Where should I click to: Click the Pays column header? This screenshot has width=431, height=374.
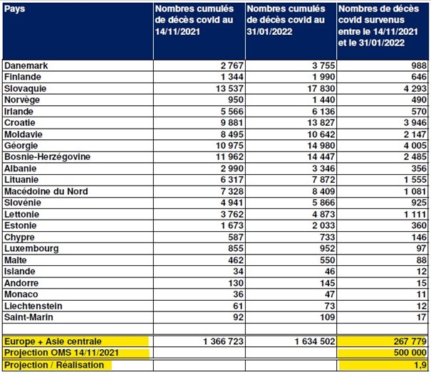tap(14, 9)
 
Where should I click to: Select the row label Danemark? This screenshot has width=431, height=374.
tap(26, 65)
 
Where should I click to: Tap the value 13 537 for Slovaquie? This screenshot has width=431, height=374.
tap(230, 89)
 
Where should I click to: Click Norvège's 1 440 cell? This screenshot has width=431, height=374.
tap(323, 100)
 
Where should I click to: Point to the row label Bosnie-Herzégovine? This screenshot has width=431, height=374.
tap(47, 156)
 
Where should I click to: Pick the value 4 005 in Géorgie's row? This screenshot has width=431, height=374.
tap(415, 146)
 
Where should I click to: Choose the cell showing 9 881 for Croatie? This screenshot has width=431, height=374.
tap(232, 123)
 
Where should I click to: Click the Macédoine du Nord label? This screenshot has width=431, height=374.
tap(46, 191)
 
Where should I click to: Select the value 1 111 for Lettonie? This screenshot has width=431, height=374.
tap(415, 214)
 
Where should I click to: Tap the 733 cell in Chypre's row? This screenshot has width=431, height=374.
tap(328, 237)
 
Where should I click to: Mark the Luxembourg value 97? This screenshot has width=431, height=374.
tap(421, 248)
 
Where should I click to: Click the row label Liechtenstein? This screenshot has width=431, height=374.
tap(33, 306)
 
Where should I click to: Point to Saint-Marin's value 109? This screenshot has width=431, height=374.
tap(328, 317)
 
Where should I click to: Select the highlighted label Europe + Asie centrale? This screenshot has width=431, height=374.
tap(53, 341)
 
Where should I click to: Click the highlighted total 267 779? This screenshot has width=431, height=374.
tap(410, 341)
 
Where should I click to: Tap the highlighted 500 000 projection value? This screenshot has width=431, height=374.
tap(410, 353)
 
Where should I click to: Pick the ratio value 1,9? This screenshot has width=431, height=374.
tap(420, 365)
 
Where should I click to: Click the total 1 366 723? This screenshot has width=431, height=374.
tap(223, 341)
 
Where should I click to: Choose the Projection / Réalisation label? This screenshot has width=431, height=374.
tap(54, 365)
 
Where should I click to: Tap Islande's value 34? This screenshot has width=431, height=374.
tap(238, 272)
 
